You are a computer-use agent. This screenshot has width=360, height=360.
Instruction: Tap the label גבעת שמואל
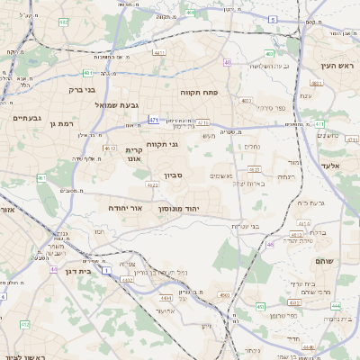click(116, 104)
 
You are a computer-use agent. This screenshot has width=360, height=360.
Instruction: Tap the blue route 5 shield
click(272, 18)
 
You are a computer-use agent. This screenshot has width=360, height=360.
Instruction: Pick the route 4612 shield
click(110, 148)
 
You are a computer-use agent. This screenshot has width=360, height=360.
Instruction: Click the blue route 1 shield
click(106, 269)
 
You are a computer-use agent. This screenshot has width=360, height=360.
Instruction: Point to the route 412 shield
click(24, 323)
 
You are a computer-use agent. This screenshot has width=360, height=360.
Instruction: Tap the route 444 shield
click(335, 306)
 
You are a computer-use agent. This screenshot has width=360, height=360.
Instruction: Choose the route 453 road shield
click(260, 307)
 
